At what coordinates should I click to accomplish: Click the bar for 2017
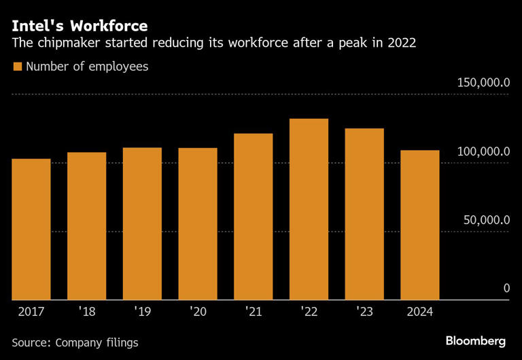pos(31,229)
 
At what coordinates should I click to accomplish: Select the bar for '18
pos(86,226)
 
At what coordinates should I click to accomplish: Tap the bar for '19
pos(142,223)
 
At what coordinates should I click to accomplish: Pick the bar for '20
pos(198,223)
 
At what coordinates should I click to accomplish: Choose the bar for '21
pos(254,216)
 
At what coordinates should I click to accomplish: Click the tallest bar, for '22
pos(309,209)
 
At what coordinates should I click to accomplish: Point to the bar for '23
pos(364,214)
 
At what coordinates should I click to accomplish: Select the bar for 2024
pos(419,225)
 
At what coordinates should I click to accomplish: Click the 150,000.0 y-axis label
pos(483,82)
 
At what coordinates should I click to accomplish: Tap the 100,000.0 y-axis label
pos(483,151)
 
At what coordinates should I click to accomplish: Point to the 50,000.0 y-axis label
pos(485,219)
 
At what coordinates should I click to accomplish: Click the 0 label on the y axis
pos(506,289)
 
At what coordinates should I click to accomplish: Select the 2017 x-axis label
pos(31,313)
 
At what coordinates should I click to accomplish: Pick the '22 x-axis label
pos(309,313)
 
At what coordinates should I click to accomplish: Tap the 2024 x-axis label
pos(419,313)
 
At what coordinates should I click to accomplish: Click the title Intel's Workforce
pos(78,26)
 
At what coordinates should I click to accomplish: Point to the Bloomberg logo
pos(476,340)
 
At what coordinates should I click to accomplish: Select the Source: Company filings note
pos(75,342)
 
